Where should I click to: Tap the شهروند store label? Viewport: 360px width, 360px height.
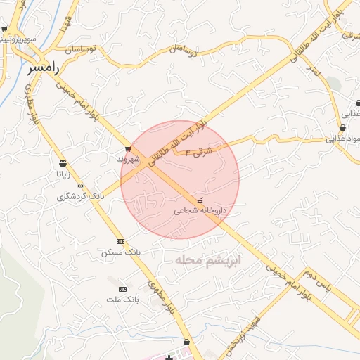(x=129, y=160)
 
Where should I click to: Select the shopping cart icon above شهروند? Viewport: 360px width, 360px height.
(x=128, y=148)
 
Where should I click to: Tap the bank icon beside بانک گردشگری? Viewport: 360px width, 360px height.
(x=81, y=186)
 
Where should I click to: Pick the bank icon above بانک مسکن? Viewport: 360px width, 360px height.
(x=120, y=240)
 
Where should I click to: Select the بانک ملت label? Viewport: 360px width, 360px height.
(x=123, y=300)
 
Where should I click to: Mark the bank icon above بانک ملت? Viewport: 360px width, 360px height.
(x=123, y=289)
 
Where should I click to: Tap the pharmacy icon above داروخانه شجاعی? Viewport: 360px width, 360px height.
(x=200, y=200)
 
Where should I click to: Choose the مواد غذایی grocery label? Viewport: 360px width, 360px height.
(x=342, y=139)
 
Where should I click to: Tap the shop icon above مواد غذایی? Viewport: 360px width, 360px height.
(x=342, y=127)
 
